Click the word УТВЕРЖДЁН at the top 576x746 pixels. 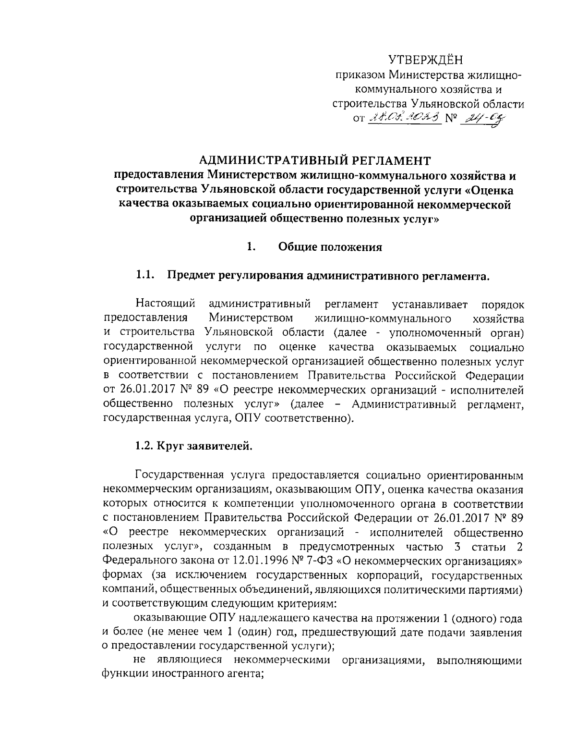(x=426, y=61)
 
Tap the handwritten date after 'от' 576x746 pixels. (x=404, y=117)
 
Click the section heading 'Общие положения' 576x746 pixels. (x=330, y=247)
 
